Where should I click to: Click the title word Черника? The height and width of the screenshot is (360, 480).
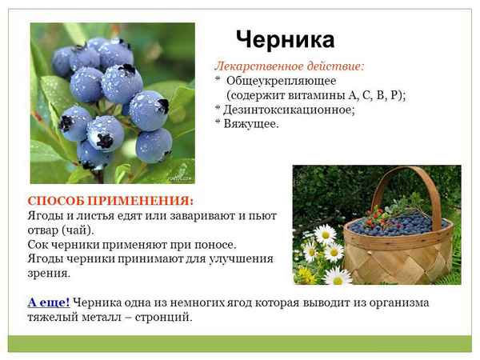pos(285,39)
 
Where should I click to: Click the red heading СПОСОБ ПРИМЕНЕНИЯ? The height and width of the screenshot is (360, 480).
pos(110,201)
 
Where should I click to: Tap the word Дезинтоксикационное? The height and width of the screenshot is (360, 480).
pos(289,110)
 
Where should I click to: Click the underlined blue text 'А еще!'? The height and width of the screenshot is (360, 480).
pos(49,302)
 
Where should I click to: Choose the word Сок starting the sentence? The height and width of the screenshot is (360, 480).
pos(38,244)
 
